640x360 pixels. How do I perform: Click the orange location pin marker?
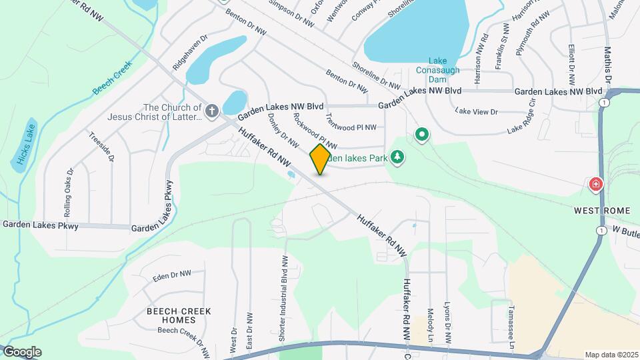click(x=321, y=159)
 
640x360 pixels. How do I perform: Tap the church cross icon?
click(x=212, y=111)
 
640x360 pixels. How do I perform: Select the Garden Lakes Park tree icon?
click(x=397, y=157)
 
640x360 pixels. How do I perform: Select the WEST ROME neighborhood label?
click(x=602, y=211)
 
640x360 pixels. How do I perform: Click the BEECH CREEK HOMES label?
click(x=179, y=315)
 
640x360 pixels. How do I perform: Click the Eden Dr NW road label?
click(x=171, y=275)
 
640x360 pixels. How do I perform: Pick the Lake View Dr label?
click(x=476, y=112)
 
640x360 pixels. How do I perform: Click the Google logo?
click(x=22, y=351)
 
